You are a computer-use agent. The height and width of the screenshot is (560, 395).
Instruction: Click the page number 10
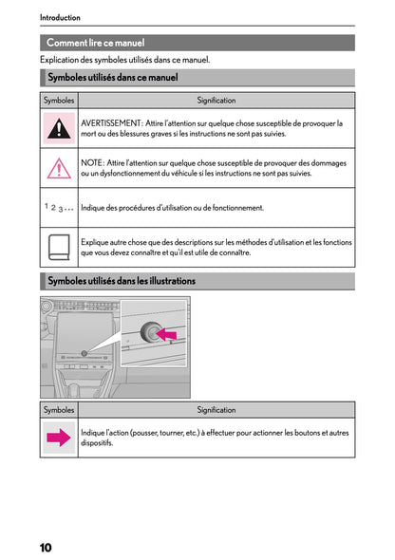46,547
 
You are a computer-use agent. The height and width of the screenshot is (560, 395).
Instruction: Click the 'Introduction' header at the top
60,17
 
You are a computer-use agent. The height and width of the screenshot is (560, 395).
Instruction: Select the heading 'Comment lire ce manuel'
95,43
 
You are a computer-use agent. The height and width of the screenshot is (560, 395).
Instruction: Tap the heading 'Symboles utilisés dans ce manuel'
112,78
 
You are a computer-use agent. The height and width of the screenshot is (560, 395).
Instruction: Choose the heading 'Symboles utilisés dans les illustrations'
121,281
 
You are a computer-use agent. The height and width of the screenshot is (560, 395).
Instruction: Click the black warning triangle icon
60,127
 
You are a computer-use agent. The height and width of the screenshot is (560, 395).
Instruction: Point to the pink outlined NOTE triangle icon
60,168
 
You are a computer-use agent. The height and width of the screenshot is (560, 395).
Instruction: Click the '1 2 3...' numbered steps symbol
59,207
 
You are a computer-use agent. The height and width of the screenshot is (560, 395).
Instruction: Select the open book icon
60,247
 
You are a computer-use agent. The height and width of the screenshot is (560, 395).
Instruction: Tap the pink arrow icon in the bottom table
60,438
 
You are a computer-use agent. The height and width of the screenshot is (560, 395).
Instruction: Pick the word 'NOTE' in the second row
93,163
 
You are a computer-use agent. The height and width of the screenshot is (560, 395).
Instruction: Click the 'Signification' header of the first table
216,100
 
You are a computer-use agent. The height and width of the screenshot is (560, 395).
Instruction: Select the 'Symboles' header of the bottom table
60,410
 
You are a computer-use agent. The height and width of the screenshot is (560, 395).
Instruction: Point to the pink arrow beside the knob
167,333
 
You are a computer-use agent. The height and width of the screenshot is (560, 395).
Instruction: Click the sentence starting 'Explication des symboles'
124,60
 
